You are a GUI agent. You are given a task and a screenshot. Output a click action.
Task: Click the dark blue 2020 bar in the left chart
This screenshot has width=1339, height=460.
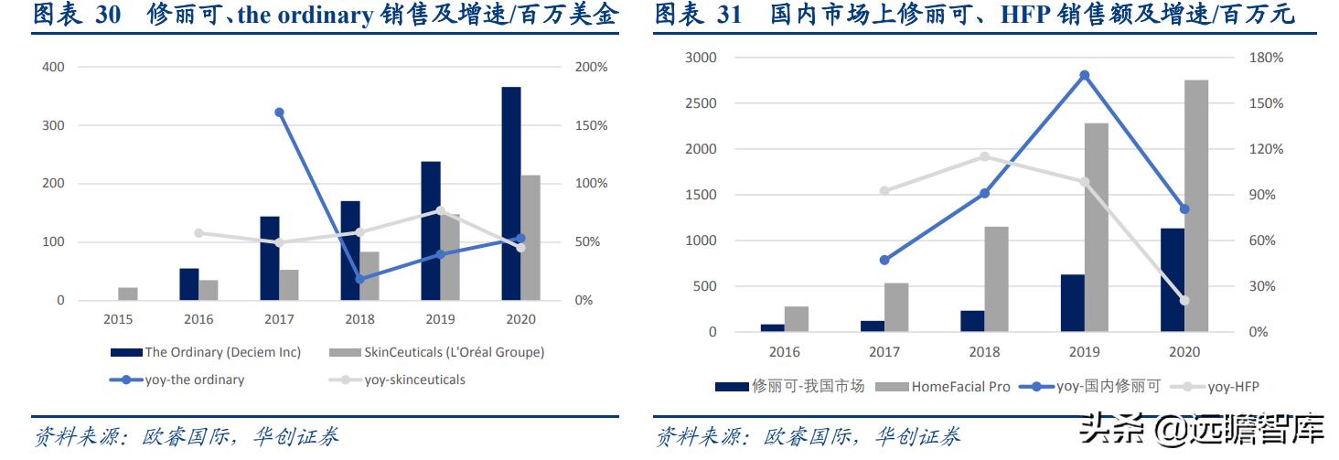point(511,194)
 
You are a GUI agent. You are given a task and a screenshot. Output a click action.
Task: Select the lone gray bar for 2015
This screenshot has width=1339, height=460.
point(128,294)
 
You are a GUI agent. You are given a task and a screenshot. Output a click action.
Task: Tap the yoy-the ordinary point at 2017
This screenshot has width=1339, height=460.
point(279,112)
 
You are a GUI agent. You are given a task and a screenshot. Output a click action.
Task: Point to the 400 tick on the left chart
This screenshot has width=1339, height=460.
point(54,68)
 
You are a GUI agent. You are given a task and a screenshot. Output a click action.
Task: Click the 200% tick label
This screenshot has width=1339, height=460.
point(591,68)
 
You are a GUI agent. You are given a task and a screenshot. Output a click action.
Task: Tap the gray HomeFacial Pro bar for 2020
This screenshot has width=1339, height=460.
point(1196,206)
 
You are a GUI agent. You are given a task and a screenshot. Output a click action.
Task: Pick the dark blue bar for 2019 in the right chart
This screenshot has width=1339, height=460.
point(1073,303)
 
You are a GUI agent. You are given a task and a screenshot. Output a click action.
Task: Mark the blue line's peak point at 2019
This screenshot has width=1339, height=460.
point(1085,75)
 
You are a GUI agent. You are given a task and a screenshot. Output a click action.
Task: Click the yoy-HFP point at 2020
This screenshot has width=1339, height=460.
point(1184,300)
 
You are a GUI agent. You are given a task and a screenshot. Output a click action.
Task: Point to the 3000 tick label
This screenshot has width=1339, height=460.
point(701,58)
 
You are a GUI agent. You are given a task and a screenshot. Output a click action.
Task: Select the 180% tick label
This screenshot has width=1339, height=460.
point(1266,58)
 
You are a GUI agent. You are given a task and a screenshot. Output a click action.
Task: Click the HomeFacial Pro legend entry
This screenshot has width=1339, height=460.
point(960,386)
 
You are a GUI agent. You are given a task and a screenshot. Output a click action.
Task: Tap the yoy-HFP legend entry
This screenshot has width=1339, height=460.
point(1233,386)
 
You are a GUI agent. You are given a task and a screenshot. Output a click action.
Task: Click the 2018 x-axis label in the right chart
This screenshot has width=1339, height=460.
point(984,352)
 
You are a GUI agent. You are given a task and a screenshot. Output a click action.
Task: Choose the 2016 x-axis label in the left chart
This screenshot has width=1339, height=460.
point(198,319)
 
